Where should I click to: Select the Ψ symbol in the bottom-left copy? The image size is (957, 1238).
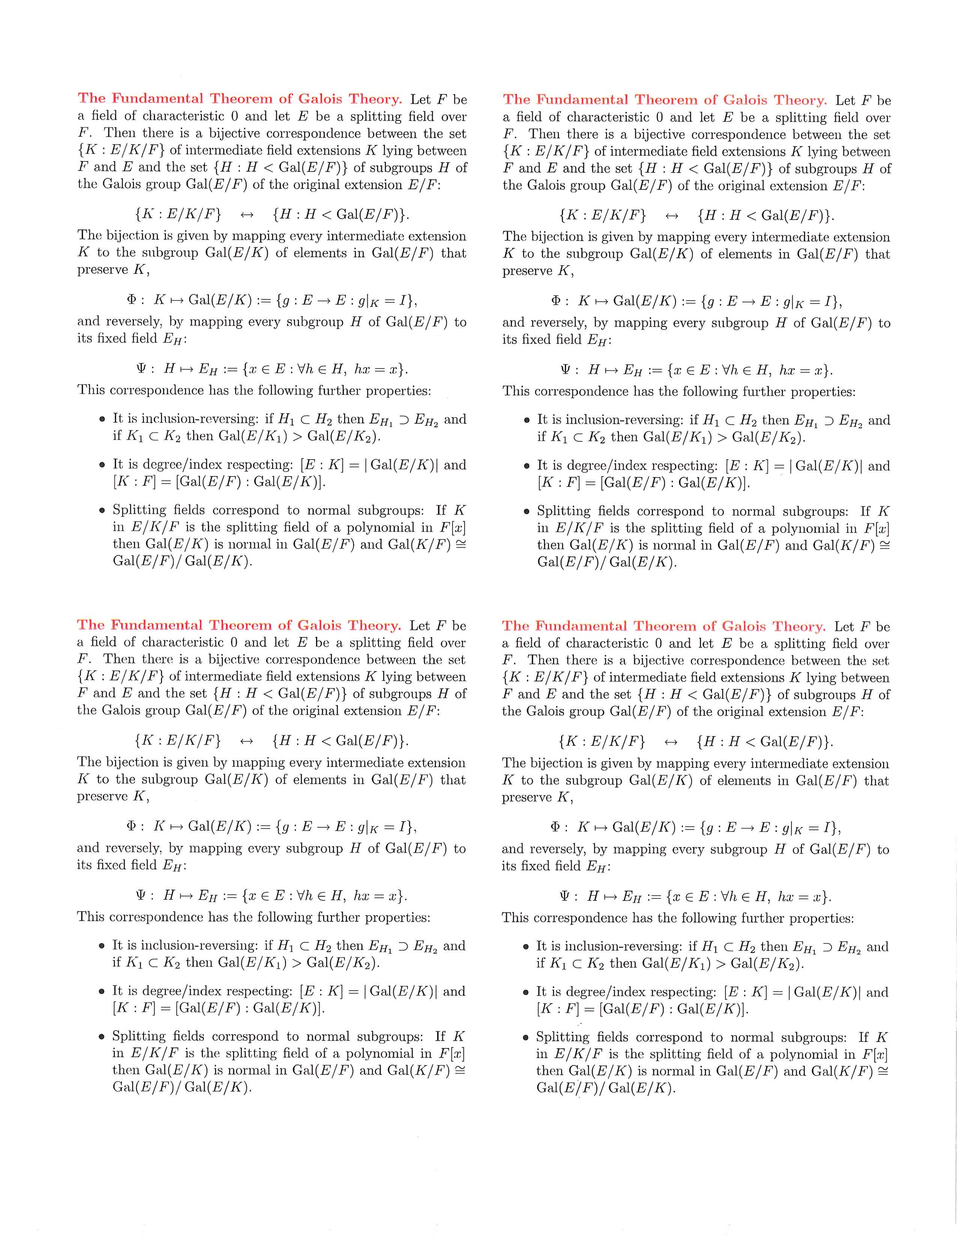point(141,895)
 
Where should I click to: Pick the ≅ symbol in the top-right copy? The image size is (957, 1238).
point(883,545)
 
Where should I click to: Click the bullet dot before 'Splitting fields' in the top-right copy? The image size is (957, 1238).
point(527,512)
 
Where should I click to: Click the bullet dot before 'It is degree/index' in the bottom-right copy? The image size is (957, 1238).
point(526,993)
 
